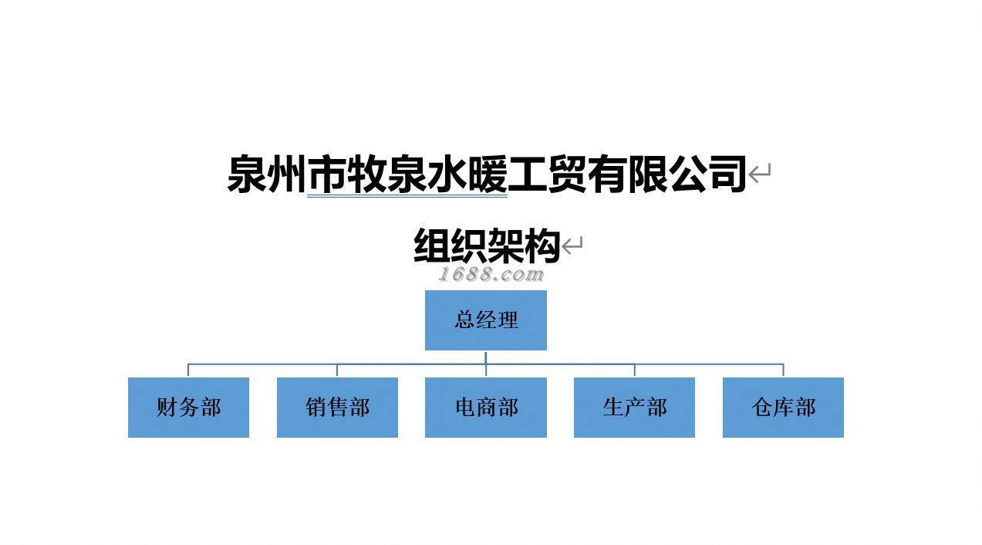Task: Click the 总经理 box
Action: tap(485, 320)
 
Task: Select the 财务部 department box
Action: tap(188, 407)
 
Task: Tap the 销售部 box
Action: tap(337, 407)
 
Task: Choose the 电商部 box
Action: tap(485, 407)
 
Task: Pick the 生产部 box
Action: tap(634, 407)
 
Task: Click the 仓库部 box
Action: tap(783, 407)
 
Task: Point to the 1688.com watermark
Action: tap(491, 274)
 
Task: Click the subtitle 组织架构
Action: tap(486, 246)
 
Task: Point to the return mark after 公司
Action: tap(760, 174)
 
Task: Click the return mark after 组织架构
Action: tap(572, 246)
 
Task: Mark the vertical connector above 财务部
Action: tap(188, 370)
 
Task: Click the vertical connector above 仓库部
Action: tap(783, 370)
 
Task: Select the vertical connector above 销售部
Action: tap(337, 370)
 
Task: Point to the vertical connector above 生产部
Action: tap(634, 370)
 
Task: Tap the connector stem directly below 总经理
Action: tap(485, 357)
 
